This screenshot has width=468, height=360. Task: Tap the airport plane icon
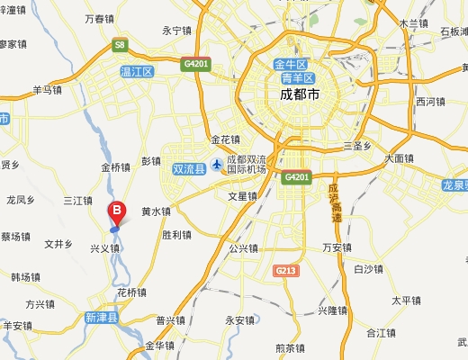click(217, 164)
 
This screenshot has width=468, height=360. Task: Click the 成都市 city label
click(300, 93)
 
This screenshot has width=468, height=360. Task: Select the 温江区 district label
click(137, 71)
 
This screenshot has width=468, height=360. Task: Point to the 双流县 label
click(189, 168)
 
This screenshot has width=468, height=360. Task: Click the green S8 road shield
click(119, 43)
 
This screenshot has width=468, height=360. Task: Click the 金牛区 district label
click(292, 64)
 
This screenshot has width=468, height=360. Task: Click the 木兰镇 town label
click(414, 23)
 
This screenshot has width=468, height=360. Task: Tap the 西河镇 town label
click(431, 102)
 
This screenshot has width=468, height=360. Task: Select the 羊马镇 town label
click(47, 89)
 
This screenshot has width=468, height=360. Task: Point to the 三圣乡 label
click(358, 145)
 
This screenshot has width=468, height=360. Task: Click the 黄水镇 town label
click(156, 211)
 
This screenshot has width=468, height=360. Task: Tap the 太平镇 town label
click(407, 300)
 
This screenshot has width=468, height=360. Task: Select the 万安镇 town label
click(337, 247)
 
